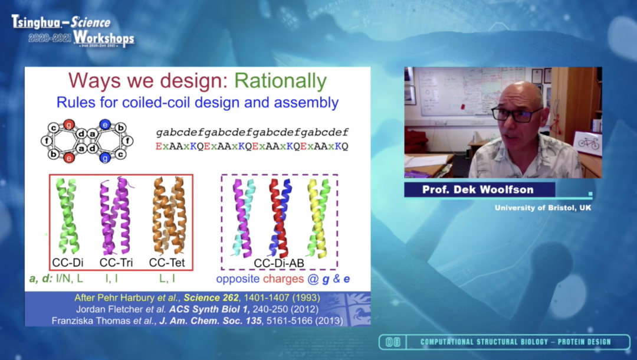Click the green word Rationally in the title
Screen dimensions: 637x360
(x=280, y=81)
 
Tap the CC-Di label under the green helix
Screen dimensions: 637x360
(x=68, y=263)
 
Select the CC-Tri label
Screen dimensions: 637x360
(x=116, y=263)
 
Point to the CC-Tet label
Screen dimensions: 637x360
(x=167, y=263)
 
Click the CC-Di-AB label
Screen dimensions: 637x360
(x=279, y=263)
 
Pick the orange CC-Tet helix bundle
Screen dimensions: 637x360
(x=169, y=215)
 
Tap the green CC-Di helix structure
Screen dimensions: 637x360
(x=67, y=215)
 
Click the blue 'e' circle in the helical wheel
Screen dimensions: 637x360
(x=105, y=125)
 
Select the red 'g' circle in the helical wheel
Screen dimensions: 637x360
(x=69, y=125)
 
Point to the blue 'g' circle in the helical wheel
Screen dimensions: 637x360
(x=105, y=158)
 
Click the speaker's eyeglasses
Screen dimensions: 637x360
(x=516, y=114)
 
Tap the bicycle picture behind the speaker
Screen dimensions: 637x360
(x=588, y=143)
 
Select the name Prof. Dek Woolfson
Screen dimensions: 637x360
(x=478, y=190)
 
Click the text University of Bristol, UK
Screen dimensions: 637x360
(x=543, y=208)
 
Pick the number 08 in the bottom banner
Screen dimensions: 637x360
(x=393, y=342)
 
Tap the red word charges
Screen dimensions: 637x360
(x=283, y=279)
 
